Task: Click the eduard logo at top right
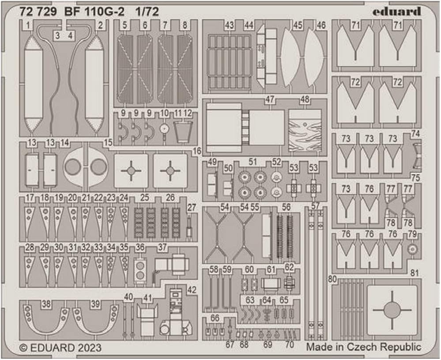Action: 396,12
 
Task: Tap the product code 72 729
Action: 38,12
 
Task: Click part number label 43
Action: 229,26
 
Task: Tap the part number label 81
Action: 414,273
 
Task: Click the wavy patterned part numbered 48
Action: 304,131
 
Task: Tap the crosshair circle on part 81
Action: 392,310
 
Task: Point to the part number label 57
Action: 315,206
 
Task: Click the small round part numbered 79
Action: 412,250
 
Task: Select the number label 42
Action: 192,290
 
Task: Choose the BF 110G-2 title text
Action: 88,12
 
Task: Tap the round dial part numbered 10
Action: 165,130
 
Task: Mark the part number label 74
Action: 415,133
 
